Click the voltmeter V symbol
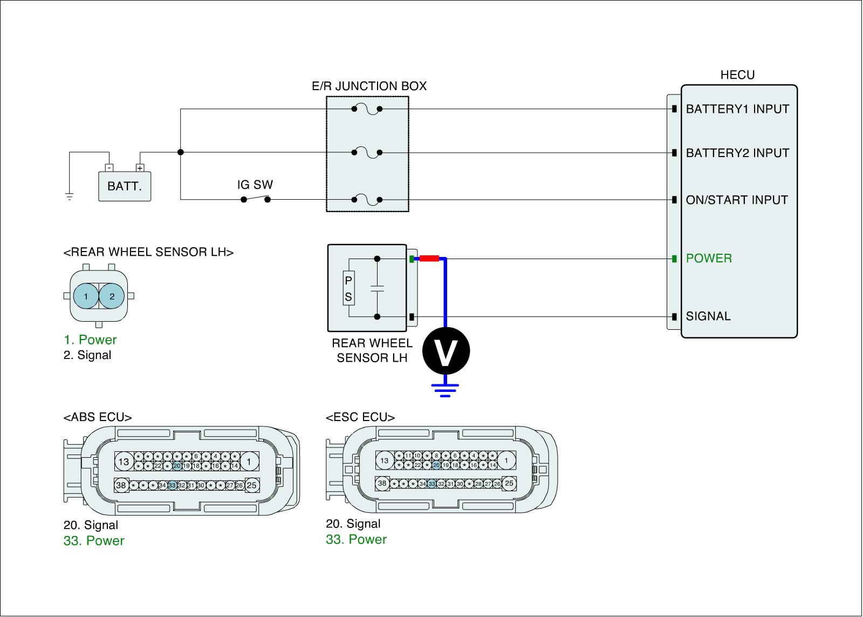click(446, 351)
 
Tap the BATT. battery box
click(125, 186)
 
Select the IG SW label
click(255, 185)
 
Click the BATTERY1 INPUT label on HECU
click(737, 109)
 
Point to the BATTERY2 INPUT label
click(737, 153)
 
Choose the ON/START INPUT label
click(737, 200)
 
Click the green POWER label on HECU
click(709, 258)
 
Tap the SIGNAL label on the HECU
click(708, 316)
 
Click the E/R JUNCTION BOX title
click(369, 86)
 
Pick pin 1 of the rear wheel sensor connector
click(86, 296)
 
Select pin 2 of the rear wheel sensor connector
click(112, 296)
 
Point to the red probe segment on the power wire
click(429, 259)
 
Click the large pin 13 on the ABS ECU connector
click(124, 462)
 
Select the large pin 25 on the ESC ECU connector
click(509, 483)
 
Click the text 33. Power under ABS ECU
click(94, 541)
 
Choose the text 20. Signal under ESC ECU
click(353, 524)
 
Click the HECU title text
click(737, 75)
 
